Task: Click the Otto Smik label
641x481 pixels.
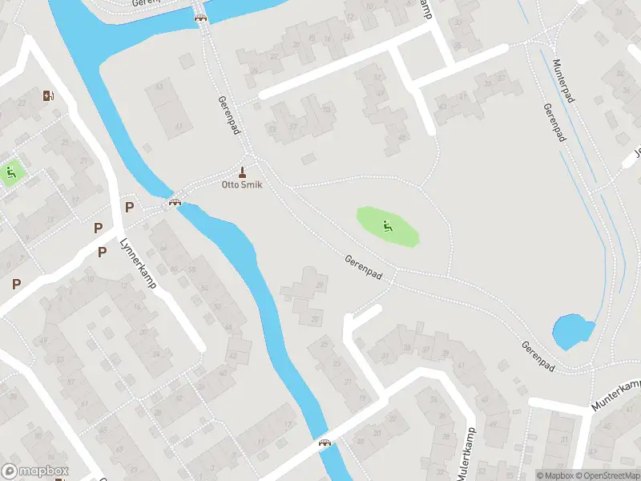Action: (x=242, y=184)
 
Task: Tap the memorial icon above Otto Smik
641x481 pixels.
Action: (x=242, y=172)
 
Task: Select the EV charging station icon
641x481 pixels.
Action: (x=49, y=96)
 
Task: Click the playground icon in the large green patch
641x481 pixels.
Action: (x=388, y=225)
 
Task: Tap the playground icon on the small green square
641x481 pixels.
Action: (x=10, y=171)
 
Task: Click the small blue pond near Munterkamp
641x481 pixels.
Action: (x=572, y=330)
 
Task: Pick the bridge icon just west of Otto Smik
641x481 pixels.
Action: (x=173, y=202)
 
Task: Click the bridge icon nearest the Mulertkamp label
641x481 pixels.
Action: (x=325, y=443)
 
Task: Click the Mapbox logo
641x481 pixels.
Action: (x=35, y=471)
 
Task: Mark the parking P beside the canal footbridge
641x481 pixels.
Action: (x=129, y=208)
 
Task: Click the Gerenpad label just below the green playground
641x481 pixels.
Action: (x=363, y=269)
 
